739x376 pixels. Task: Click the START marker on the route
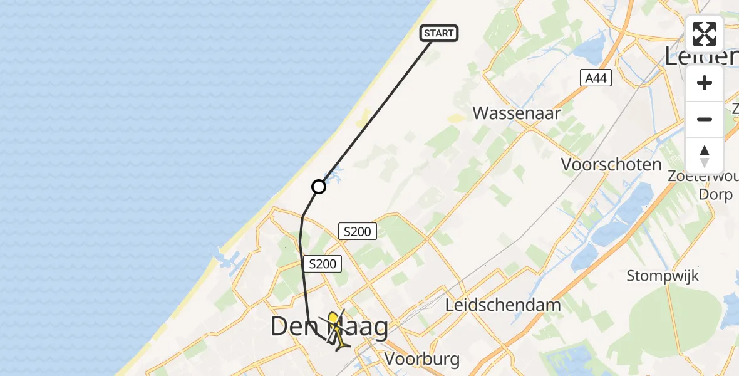pyautogui.click(x=439, y=33)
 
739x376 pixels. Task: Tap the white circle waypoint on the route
pyautogui.click(x=319, y=187)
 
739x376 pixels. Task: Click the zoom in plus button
pyautogui.click(x=705, y=83)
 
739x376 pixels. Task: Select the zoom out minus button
pyautogui.click(x=705, y=119)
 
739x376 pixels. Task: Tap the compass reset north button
pyautogui.click(x=705, y=155)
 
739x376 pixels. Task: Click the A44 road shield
pyautogui.click(x=595, y=78)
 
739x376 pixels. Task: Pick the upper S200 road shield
pyautogui.click(x=358, y=231)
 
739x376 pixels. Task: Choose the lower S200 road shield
pyautogui.click(x=323, y=264)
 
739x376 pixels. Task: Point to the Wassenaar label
pyautogui.click(x=516, y=113)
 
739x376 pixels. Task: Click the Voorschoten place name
pyautogui.click(x=611, y=164)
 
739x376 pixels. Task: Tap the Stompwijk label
pyautogui.click(x=663, y=276)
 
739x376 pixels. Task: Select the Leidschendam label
pyautogui.click(x=503, y=305)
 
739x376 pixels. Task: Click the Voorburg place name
pyautogui.click(x=422, y=359)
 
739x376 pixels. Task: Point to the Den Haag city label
pyautogui.click(x=329, y=326)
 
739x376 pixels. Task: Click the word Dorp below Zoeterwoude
pyautogui.click(x=716, y=194)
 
